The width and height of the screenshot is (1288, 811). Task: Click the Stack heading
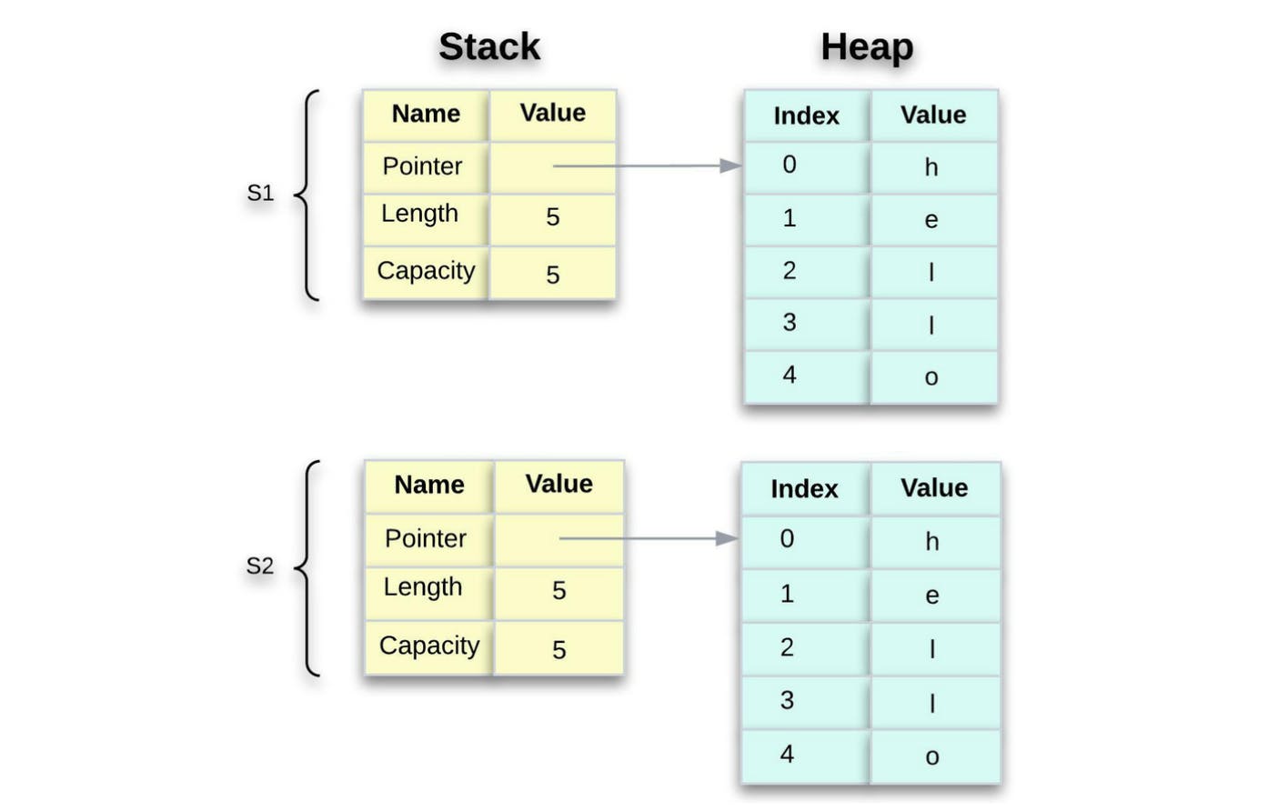489,46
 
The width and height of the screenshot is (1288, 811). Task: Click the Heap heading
867,46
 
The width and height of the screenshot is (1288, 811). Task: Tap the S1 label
260,193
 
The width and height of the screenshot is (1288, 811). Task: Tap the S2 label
259,566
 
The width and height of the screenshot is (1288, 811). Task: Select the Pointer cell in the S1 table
422,166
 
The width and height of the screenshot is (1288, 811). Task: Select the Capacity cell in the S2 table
428,646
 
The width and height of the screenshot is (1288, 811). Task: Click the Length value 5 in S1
552,217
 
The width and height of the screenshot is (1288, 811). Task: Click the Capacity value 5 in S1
552,275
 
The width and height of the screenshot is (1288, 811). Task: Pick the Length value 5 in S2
558,591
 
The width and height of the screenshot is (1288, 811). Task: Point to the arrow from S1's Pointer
646,165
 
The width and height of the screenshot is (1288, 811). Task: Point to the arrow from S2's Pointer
648,538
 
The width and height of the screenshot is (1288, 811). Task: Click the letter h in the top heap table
931,167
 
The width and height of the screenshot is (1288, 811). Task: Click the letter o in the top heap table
931,377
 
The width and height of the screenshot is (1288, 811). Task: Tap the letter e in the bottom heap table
931,596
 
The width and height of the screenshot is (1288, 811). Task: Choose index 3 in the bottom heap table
787,700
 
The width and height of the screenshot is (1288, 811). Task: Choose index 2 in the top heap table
789,270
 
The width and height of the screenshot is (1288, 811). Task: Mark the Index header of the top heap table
806,115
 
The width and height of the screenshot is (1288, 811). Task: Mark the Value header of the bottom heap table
934,488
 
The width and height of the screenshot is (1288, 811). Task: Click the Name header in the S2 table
428,485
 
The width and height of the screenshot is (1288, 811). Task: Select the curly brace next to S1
308,195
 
